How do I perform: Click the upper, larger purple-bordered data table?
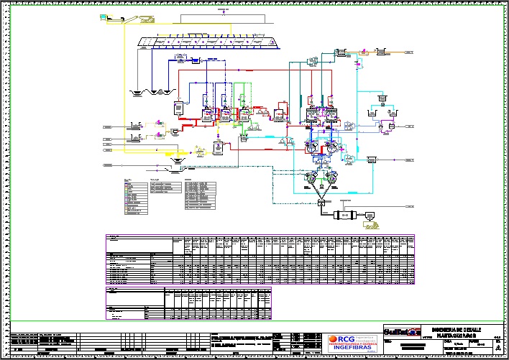coord(260,257)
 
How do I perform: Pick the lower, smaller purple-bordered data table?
coord(189,302)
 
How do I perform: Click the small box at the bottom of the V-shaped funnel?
coord(321,204)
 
